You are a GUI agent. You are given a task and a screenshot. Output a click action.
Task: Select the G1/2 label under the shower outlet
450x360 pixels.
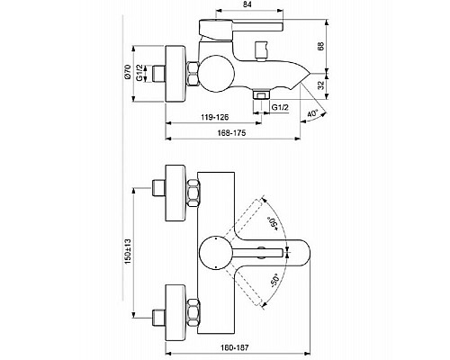[279, 107]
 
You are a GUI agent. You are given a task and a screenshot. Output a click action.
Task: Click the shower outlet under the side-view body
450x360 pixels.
[261, 93]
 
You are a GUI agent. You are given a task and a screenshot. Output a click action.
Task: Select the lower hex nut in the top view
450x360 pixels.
[193, 305]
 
